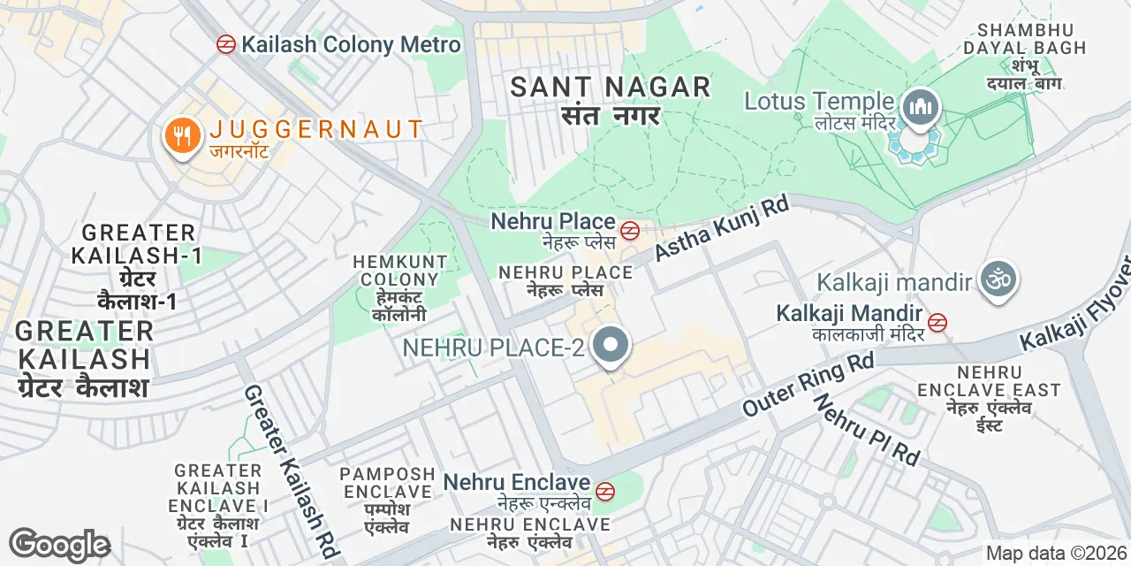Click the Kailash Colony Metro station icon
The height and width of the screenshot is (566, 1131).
pyautogui.click(x=226, y=44)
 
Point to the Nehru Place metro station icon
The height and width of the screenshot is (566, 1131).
pyautogui.click(x=630, y=232)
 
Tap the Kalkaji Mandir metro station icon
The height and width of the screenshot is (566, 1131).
pyautogui.click(x=937, y=323)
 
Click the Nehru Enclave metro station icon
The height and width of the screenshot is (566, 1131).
pyautogui.click(x=605, y=491)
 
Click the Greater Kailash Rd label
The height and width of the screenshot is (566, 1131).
pyautogui.click(x=292, y=471)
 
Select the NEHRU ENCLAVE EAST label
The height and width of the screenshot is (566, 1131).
pyautogui.click(x=989, y=390)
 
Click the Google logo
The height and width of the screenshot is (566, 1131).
pyautogui.click(x=59, y=545)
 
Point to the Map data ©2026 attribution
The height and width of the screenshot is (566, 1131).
pyautogui.click(x=1056, y=554)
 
